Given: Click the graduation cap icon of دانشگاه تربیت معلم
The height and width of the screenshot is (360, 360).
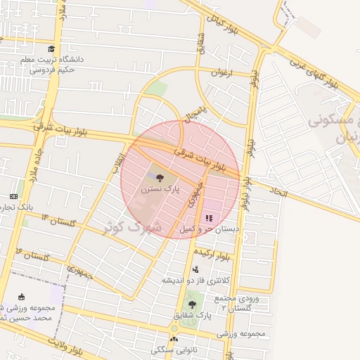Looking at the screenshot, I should point(51,49).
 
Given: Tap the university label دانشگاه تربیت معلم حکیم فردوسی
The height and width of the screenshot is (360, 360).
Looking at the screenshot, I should point(56,64).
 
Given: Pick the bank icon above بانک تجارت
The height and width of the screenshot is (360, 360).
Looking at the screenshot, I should point(13,196).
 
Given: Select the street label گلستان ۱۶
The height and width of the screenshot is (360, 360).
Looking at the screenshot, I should point(33,255).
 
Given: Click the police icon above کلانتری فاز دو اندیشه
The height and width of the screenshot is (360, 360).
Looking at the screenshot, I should point(195,269).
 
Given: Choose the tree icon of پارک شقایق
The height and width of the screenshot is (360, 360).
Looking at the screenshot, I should point(192,304).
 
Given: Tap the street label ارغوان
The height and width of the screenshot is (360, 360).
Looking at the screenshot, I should point(220,72).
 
